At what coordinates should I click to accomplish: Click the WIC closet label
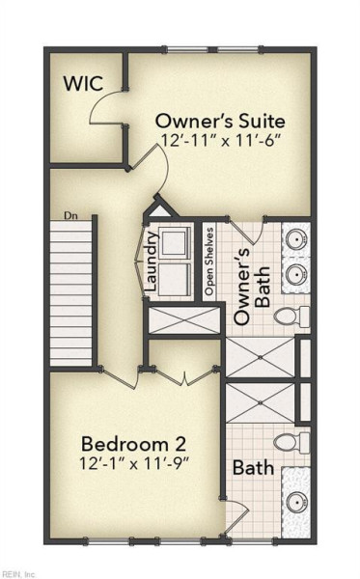[x=83, y=83]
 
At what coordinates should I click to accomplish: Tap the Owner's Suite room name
[x=220, y=122]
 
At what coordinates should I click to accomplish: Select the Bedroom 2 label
[x=133, y=444]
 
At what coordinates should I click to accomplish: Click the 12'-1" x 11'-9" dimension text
[x=134, y=463]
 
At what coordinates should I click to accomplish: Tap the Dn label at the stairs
[x=70, y=215]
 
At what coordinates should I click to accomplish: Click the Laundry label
[x=152, y=262]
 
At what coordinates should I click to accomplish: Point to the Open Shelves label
[x=209, y=262]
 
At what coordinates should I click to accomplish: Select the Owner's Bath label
[x=253, y=287]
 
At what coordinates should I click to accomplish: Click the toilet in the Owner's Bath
[x=291, y=317]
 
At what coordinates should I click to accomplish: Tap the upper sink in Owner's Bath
[x=297, y=239]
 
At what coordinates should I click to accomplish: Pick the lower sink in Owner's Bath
[x=297, y=274]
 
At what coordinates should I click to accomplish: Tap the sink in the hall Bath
[x=297, y=502]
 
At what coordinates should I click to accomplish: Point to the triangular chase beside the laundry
[x=160, y=209]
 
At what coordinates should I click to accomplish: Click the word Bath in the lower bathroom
[x=253, y=468]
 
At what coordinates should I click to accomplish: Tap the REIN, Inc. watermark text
[x=17, y=574]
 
